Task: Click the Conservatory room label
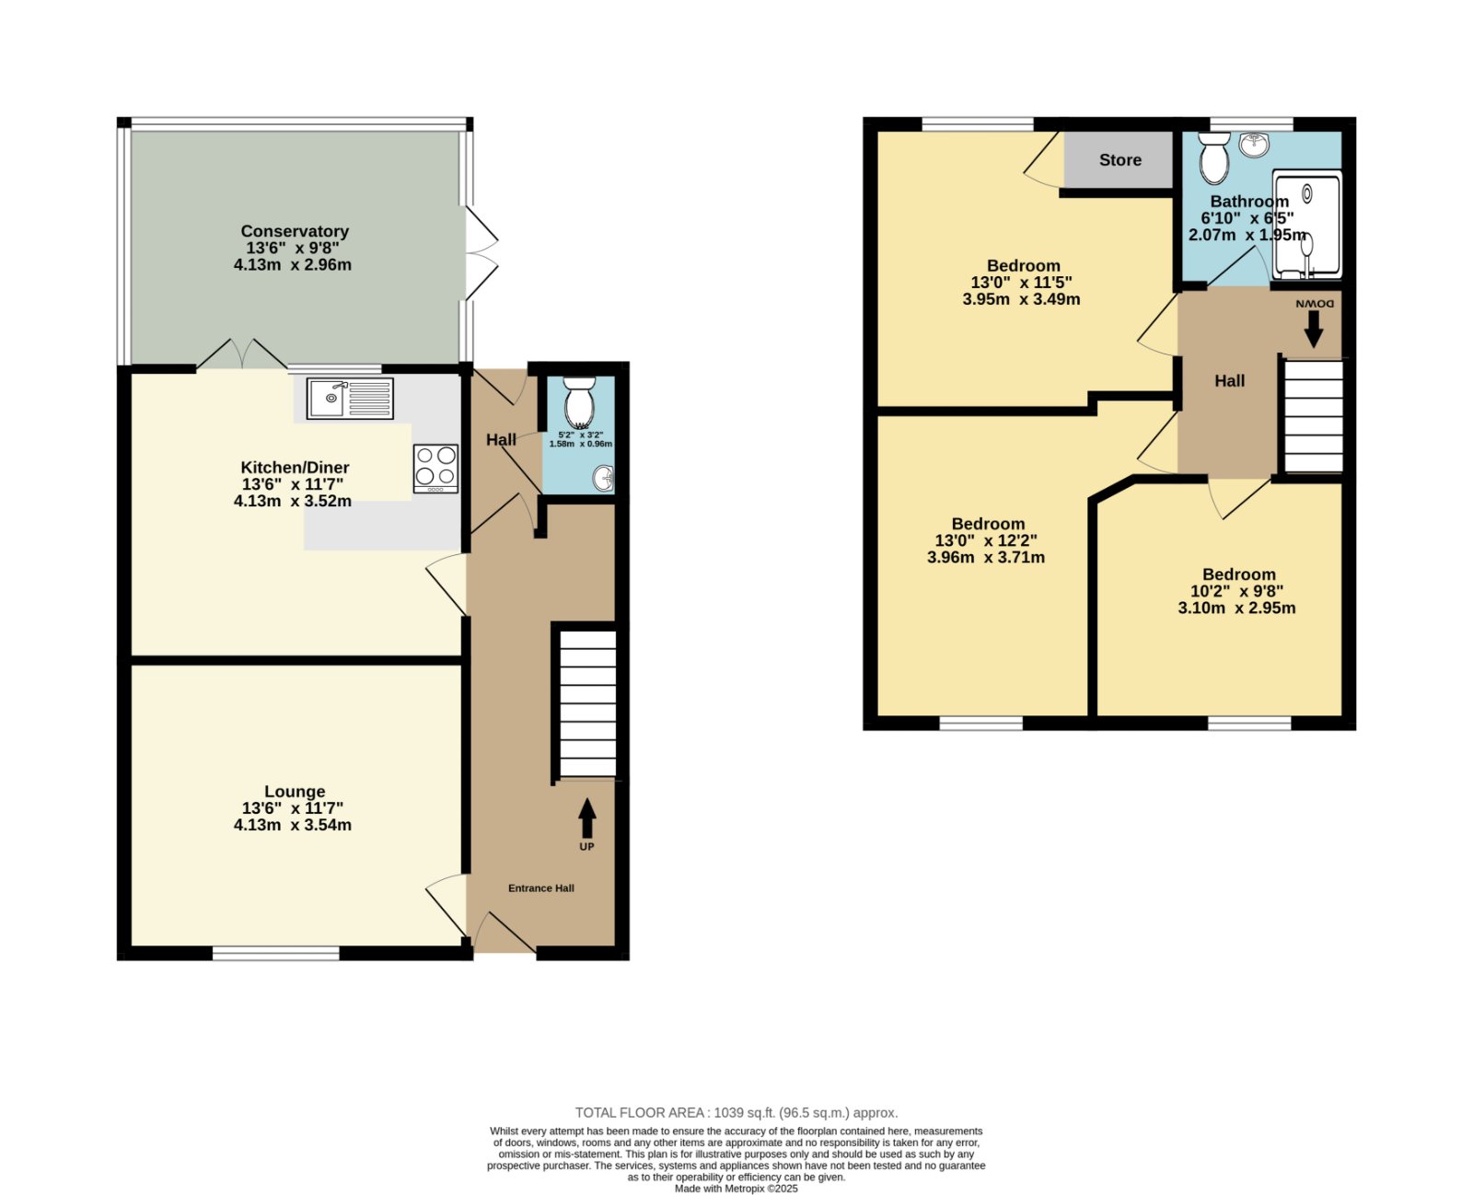[x=294, y=231]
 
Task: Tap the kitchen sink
[x=350, y=399]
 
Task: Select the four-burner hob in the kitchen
[x=435, y=469]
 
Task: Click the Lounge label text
[x=295, y=791]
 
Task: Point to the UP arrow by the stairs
[x=586, y=818]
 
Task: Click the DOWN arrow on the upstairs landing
[x=1313, y=330]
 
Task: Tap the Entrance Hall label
[x=540, y=888]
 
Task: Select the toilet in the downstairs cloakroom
[x=579, y=402]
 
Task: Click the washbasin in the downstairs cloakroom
[x=604, y=478]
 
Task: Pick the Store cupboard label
[x=1119, y=160]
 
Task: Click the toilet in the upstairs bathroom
[x=1213, y=158]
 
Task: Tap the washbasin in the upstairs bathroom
[x=1253, y=145]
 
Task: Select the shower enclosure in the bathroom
[x=1306, y=226]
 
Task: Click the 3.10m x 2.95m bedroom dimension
[x=1236, y=608]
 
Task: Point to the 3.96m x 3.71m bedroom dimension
[x=985, y=557]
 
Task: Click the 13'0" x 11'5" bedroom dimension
[x=1021, y=282]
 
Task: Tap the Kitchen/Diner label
[x=295, y=467]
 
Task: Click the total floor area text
[x=736, y=1113]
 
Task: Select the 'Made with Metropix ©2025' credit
[x=736, y=1189]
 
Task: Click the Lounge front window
[x=276, y=953]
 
